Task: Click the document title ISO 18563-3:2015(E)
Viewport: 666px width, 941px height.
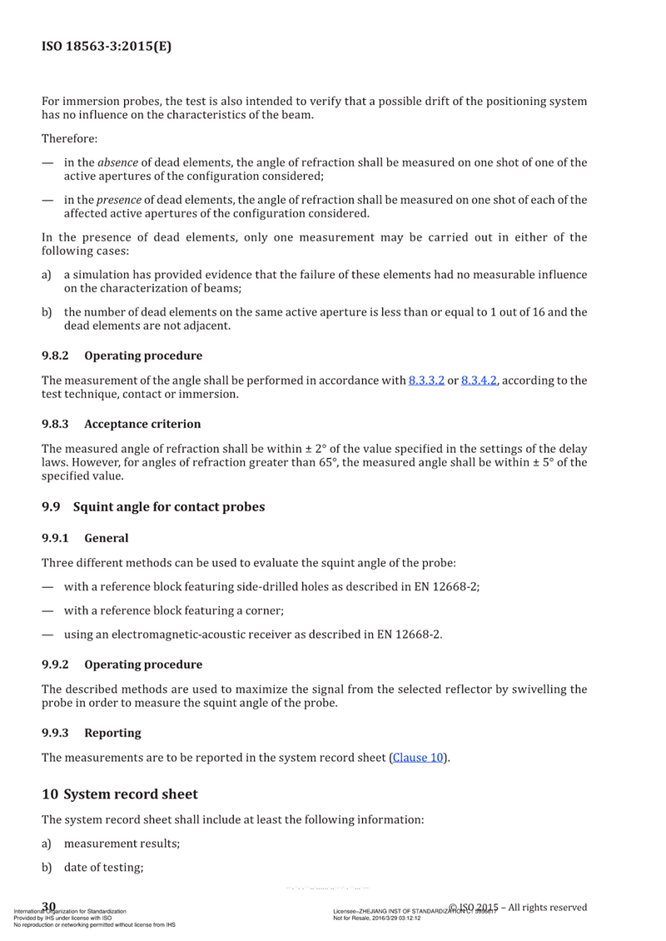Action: [107, 47]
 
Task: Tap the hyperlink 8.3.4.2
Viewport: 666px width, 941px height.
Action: [484, 381]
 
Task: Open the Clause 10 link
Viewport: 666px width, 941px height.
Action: [421, 758]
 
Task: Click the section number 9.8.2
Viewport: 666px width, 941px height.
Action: [56, 356]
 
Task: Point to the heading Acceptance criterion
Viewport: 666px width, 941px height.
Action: [142, 424]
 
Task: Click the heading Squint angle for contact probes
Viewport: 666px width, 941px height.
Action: [169, 505]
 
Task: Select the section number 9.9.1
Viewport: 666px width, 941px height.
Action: [56, 538]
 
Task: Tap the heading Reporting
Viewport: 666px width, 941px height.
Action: [112, 733]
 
